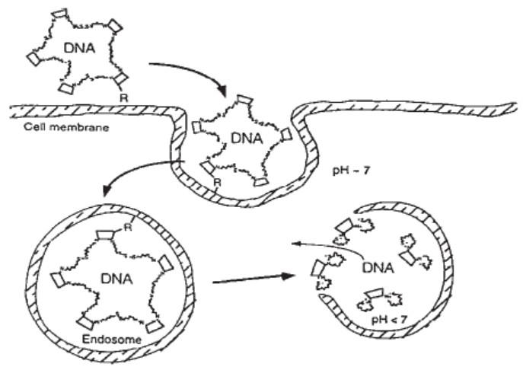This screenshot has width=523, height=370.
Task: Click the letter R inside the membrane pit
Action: coord(218,183)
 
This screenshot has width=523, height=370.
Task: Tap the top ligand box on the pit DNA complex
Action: coord(244,100)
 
